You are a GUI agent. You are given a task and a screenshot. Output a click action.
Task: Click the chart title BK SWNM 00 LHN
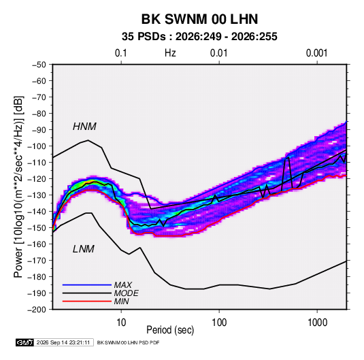(199, 19)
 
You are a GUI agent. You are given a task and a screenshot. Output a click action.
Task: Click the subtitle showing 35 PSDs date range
(199, 37)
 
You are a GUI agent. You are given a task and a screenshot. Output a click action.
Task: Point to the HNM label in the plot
(84, 127)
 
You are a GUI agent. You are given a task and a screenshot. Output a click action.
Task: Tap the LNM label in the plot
(84, 249)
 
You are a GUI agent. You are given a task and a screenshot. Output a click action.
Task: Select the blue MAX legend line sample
(87, 285)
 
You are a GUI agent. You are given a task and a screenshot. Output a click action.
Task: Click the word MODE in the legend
(127, 293)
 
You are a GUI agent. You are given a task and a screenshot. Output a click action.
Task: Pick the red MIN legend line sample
(87, 301)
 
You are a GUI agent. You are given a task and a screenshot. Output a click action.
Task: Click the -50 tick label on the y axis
(39, 65)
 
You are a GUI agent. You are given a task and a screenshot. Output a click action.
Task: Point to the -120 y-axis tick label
(37, 179)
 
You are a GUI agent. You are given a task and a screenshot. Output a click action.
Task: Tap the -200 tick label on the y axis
(37, 310)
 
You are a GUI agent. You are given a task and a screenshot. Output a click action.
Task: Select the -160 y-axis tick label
(37, 244)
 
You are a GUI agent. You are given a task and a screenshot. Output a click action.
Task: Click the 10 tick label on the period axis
(121, 323)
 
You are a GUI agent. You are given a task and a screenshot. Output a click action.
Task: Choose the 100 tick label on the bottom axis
(219, 323)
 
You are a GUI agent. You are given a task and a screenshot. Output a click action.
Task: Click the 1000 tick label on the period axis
(317, 323)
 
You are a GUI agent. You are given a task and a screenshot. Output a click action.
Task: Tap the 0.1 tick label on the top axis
(121, 53)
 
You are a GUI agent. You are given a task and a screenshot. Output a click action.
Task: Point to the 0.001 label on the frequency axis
(317, 53)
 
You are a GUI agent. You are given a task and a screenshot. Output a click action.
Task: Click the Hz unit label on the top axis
(170, 53)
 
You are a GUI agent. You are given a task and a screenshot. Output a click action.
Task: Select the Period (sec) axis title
(170, 330)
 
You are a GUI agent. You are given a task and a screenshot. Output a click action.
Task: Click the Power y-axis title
(18, 187)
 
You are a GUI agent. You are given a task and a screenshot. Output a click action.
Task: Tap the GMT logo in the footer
(24, 342)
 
